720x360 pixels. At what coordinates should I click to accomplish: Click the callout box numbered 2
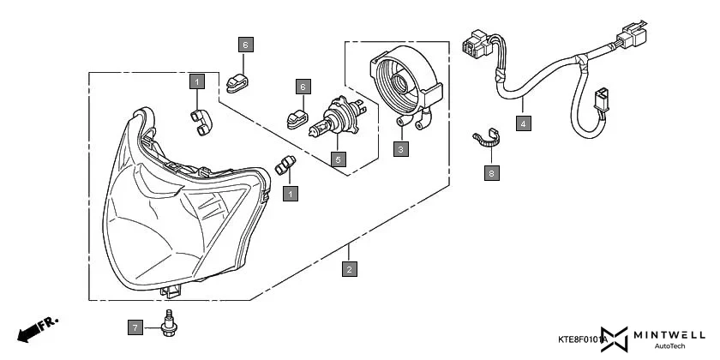[x=349, y=269]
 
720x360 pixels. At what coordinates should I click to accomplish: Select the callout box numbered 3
[x=400, y=148]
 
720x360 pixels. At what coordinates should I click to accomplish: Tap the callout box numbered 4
[x=523, y=123]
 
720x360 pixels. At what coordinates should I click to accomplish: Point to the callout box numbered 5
[x=339, y=159]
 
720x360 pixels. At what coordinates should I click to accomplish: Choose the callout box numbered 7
[x=135, y=327]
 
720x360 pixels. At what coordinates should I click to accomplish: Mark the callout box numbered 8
[x=491, y=173]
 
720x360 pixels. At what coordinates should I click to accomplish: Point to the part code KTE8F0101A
[x=584, y=340]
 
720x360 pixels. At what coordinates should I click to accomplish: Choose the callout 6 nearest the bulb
[x=302, y=87]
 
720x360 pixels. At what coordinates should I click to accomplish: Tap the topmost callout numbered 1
[x=197, y=82]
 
